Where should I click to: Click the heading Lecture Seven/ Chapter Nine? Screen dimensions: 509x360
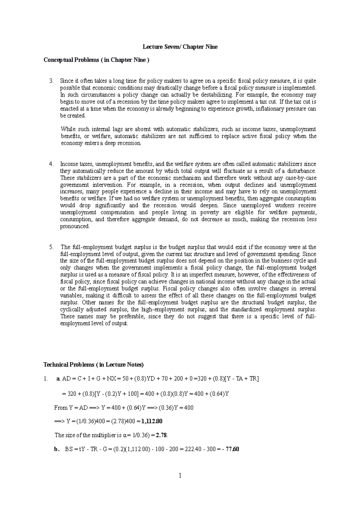180,47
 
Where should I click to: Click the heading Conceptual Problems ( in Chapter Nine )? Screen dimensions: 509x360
96,60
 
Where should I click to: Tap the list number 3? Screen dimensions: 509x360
51,81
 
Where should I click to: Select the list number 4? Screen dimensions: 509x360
51,164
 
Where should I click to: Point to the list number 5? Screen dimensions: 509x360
51,247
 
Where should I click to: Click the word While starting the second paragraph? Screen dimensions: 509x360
68,129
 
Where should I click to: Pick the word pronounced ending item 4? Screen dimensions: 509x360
75,227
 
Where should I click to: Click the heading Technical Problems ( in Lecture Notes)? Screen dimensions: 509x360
94,365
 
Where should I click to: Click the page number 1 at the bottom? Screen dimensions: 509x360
180,476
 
